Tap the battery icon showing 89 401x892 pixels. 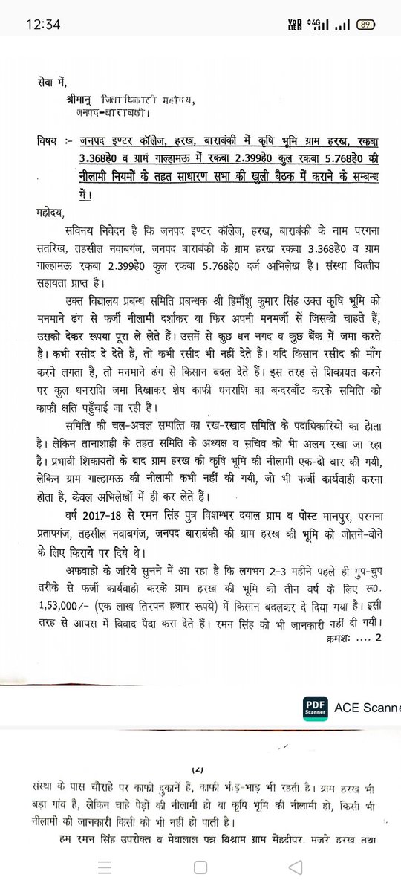click(365, 24)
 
